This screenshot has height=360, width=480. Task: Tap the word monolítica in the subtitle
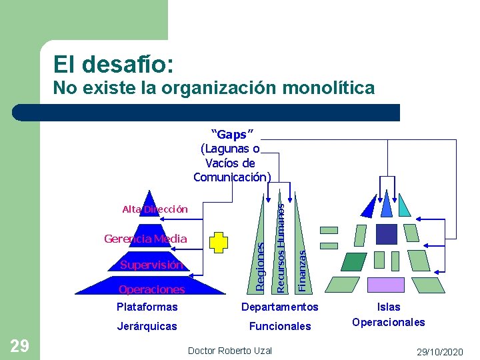[x=325, y=87]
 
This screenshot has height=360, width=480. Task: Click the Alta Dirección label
[x=155, y=209]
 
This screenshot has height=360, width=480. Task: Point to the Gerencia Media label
[x=145, y=239]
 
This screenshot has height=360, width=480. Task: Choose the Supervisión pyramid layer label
[x=151, y=265]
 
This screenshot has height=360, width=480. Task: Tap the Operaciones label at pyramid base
[x=151, y=289]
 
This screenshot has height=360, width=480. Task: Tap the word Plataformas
[x=147, y=307]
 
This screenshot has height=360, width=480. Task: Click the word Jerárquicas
[x=147, y=326]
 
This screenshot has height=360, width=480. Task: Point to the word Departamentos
[x=280, y=307]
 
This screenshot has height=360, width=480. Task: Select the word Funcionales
[x=280, y=326]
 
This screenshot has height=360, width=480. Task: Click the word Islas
[x=389, y=307]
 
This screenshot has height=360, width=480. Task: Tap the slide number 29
[x=19, y=345]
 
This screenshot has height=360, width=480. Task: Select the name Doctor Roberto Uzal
[x=229, y=351]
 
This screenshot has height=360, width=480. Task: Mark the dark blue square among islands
[x=387, y=233]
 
